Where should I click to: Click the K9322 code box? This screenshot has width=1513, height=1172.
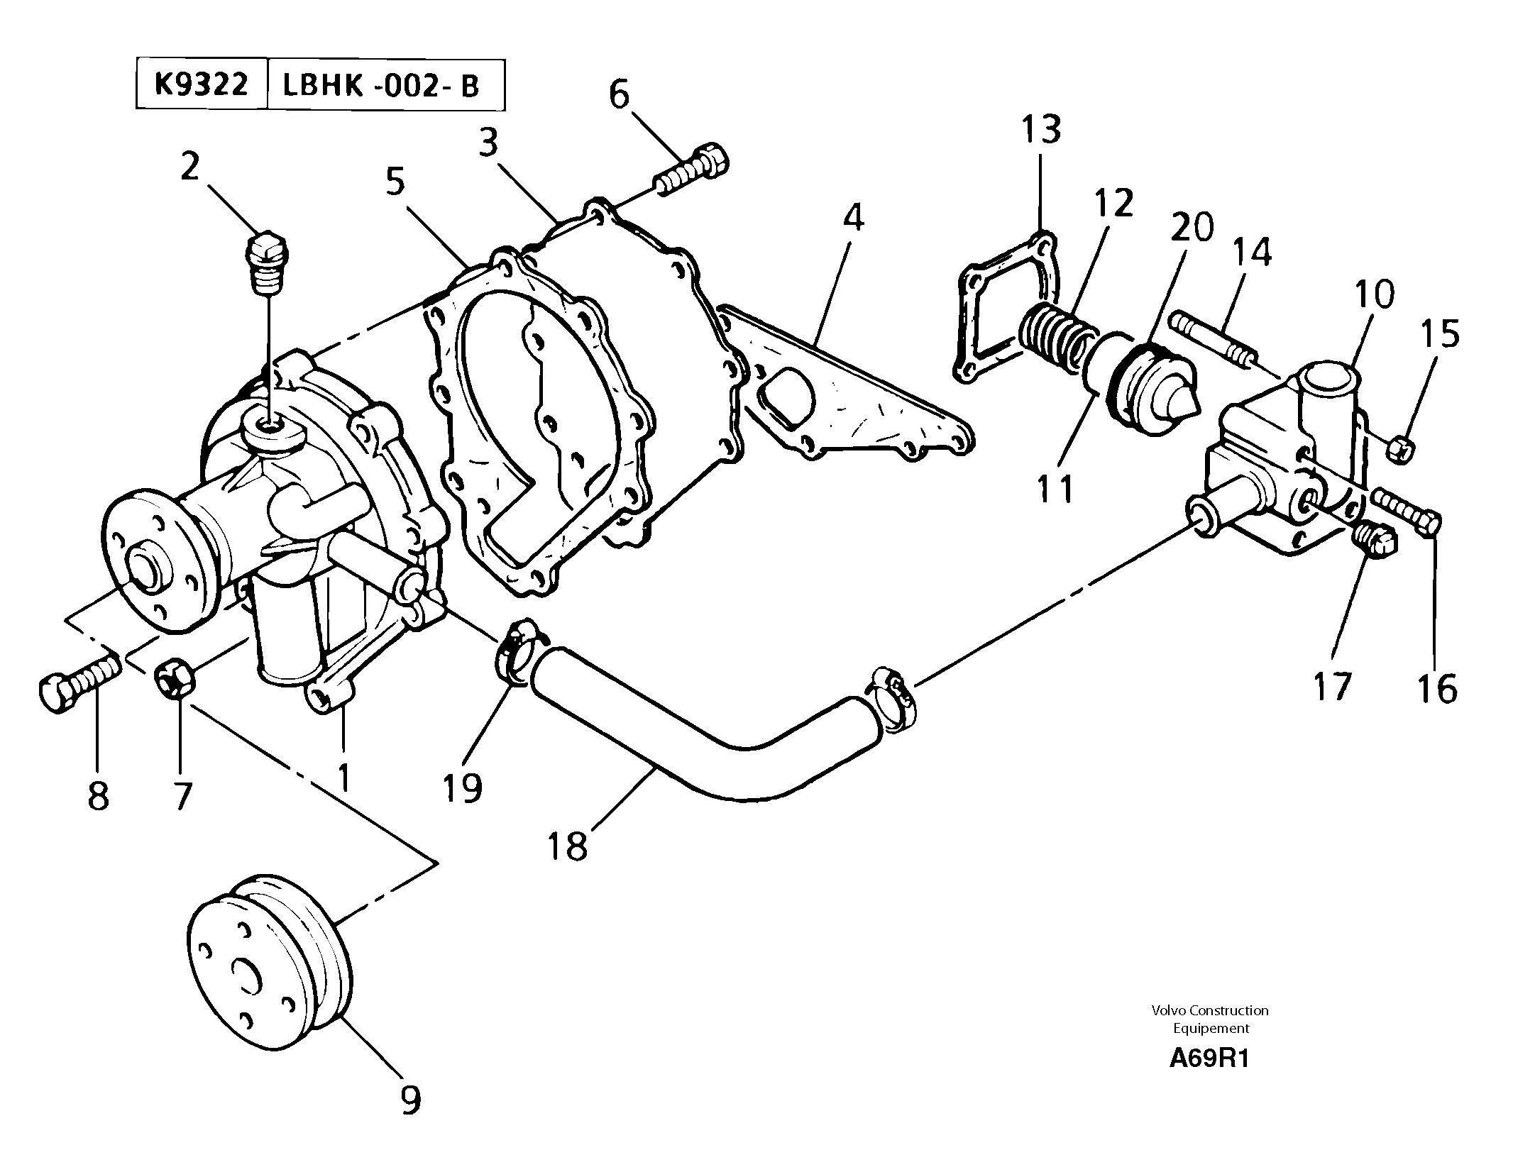[202, 85]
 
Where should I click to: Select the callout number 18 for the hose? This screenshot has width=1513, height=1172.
[568, 845]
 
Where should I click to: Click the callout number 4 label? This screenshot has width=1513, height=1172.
[854, 218]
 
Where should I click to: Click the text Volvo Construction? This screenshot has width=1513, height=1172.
[1210, 1010]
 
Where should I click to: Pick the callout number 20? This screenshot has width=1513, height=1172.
[1192, 228]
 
